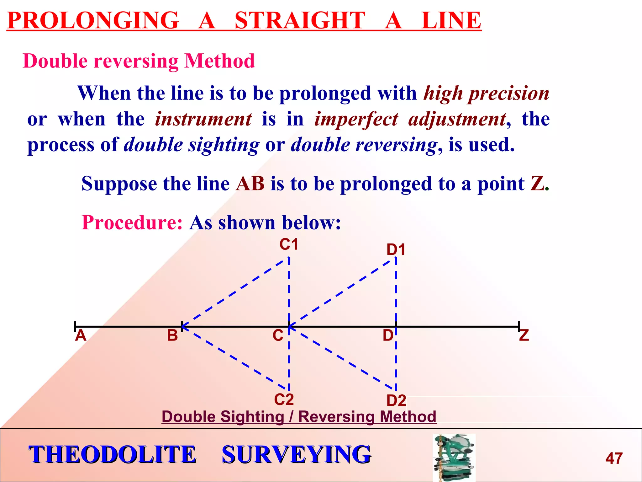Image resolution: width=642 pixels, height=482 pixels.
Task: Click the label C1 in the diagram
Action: pos(289,244)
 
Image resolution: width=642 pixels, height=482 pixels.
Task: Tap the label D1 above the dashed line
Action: pos(396,250)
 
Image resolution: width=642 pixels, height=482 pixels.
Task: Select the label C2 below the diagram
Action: pos(284,399)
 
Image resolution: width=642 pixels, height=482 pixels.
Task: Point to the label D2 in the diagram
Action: pos(396,400)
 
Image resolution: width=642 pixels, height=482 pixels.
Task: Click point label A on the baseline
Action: pos(81,335)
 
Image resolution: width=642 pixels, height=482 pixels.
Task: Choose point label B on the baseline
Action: pos(172,335)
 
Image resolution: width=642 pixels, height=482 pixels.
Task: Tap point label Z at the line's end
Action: pos(524,335)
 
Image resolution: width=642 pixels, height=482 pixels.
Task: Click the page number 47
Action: pos(614,458)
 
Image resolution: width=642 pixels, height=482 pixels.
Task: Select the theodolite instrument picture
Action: pos(454,457)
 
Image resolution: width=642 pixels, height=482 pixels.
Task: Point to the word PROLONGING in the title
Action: pos(93,21)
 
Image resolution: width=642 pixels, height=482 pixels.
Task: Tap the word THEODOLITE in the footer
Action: pos(113,454)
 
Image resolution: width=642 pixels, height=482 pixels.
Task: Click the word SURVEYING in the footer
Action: pos(296,454)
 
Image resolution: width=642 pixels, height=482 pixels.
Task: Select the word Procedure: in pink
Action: pos(132,222)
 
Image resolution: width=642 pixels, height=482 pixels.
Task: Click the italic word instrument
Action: pos(203,119)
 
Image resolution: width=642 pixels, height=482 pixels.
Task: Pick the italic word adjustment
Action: pos(457,119)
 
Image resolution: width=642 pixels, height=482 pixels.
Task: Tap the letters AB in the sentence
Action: pos(250,184)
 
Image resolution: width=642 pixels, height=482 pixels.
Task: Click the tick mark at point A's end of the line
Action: pos(75,326)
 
